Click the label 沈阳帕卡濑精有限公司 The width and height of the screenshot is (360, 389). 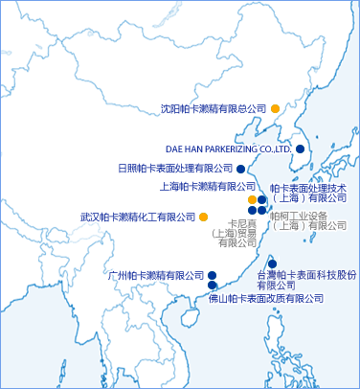click(x=214, y=109)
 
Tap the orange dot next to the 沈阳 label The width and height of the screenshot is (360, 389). click(x=274, y=108)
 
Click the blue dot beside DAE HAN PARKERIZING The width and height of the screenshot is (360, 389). click(x=300, y=149)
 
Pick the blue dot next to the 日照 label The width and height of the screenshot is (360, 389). click(x=240, y=168)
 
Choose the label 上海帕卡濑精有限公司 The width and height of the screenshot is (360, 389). click(x=207, y=186)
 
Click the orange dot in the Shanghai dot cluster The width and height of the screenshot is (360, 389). click(x=252, y=199)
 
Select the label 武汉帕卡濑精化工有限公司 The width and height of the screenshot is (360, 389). click(x=138, y=217)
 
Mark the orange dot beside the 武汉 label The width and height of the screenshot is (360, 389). click(x=203, y=217)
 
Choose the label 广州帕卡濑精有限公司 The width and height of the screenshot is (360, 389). click(x=157, y=275)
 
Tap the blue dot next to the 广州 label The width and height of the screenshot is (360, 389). click(x=212, y=275)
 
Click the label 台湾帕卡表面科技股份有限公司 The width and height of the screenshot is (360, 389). click(x=306, y=279)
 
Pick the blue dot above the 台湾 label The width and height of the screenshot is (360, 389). click(x=272, y=263)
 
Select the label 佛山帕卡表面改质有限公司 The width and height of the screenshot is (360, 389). click(x=265, y=299)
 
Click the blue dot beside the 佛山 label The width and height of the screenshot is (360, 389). click(x=212, y=285)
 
